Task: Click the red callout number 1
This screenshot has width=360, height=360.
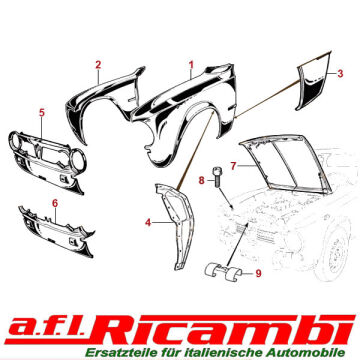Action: [x=191, y=64]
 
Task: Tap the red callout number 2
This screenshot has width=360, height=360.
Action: [x=98, y=65]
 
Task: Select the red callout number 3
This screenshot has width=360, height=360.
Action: [x=340, y=73]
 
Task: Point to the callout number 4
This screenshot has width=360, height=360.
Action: [x=148, y=222]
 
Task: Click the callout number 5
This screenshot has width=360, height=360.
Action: [x=42, y=113]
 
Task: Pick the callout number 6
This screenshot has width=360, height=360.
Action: [x=55, y=203]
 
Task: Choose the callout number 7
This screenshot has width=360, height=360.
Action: [x=233, y=166]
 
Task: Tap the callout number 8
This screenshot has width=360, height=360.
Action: [x=201, y=181]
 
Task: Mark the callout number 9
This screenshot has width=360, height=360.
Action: [x=258, y=274]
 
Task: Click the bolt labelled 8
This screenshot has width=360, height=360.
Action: [x=216, y=177]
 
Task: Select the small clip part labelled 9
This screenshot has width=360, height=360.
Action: [x=222, y=273]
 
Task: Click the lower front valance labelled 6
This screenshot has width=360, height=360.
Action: [x=56, y=233]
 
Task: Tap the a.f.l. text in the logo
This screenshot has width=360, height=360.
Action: [x=47, y=329]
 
